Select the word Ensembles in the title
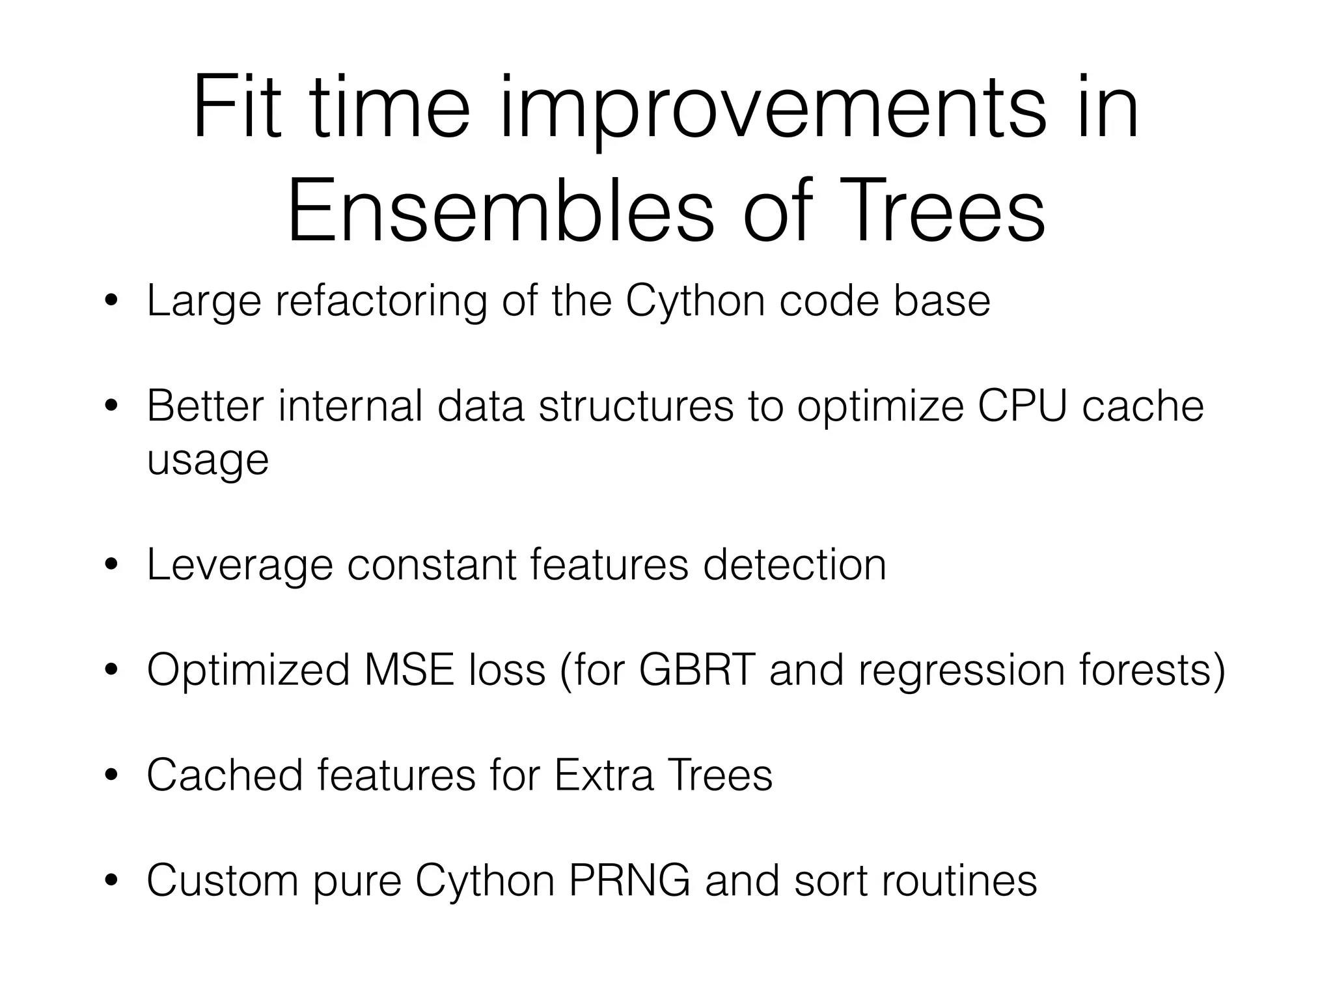(501, 212)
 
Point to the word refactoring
(381, 303)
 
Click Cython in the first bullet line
(695, 303)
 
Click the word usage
(208, 462)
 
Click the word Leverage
(240, 565)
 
